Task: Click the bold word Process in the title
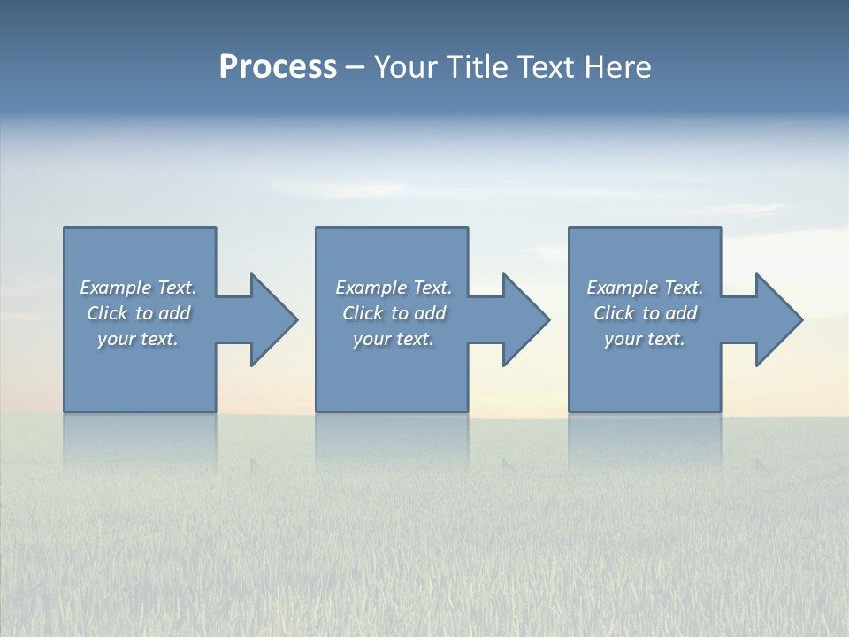click(278, 67)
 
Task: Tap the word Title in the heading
click(478, 67)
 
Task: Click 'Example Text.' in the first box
click(138, 288)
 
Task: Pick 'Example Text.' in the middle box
click(394, 288)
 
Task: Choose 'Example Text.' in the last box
click(645, 288)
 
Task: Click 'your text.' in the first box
click(138, 339)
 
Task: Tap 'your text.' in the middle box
click(394, 339)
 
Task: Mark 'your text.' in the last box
click(645, 339)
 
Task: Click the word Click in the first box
click(107, 313)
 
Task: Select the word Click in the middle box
click(363, 313)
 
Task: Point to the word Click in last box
click(614, 313)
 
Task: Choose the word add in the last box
click(682, 313)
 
